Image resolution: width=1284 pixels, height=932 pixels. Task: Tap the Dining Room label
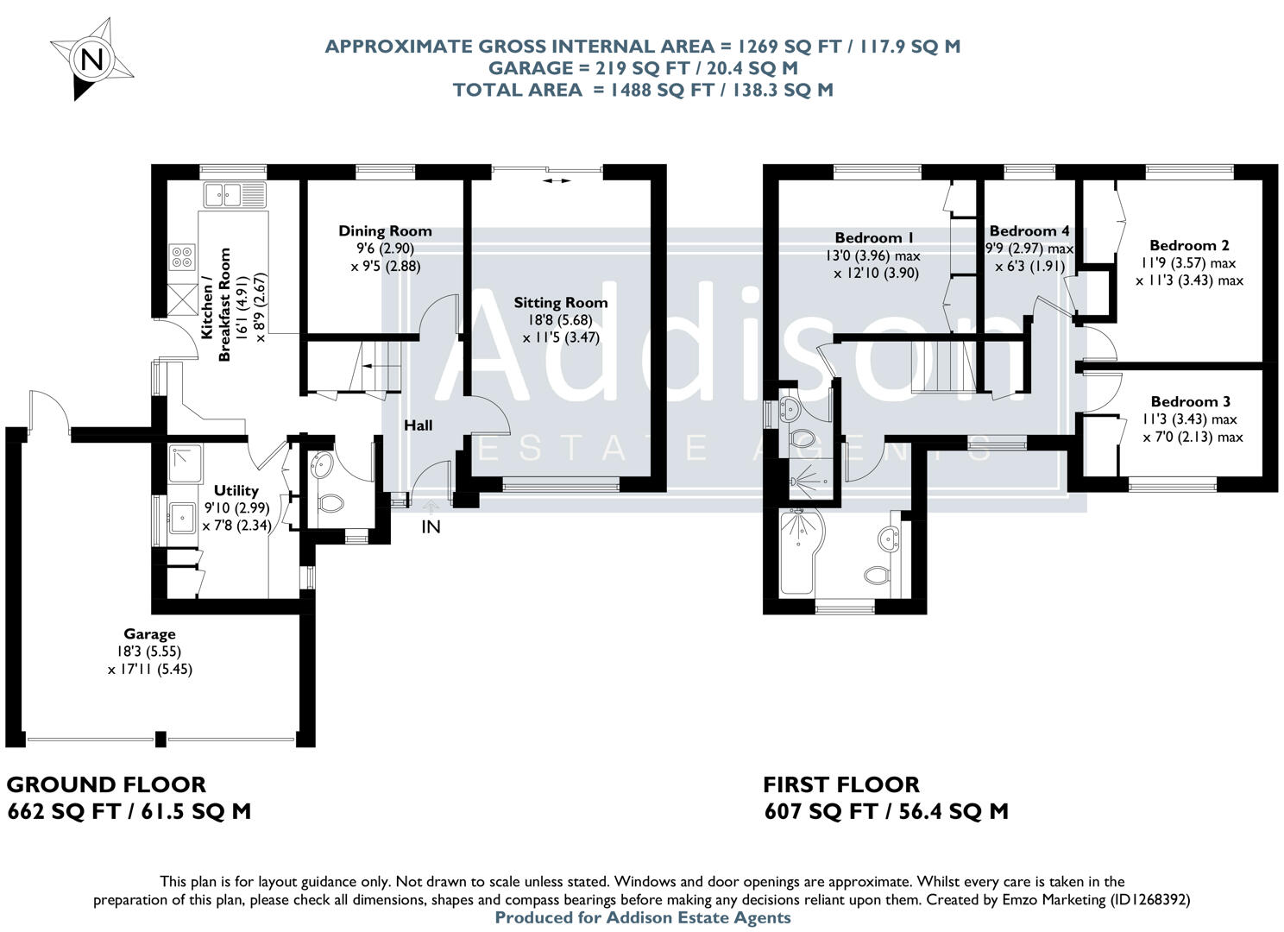tap(385, 231)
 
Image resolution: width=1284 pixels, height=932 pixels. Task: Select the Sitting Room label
tap(560, 303)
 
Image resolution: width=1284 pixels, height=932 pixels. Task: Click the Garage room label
tap(149, 634)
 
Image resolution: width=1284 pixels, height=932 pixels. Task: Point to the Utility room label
tap(236, 490)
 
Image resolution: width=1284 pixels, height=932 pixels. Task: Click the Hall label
tap(419, 425)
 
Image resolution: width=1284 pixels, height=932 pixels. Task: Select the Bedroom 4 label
tap(1029, 231)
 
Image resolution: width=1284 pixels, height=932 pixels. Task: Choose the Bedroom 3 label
tap(1190, 402)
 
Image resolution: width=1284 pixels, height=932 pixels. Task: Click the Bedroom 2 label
tap(1189, 246)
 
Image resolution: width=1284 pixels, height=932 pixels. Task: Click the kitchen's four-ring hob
tap(183, 256)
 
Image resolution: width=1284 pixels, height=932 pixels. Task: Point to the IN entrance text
tap(431, 527)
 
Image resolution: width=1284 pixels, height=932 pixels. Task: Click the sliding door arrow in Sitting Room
tap(557, 181)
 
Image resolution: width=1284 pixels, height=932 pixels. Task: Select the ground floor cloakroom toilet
tap(330, 502)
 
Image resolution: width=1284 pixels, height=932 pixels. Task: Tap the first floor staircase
tap(942, 366)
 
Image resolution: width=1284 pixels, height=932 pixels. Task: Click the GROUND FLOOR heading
tap(106, 785)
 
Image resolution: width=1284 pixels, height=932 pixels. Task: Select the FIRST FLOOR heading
tap(841, 785)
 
